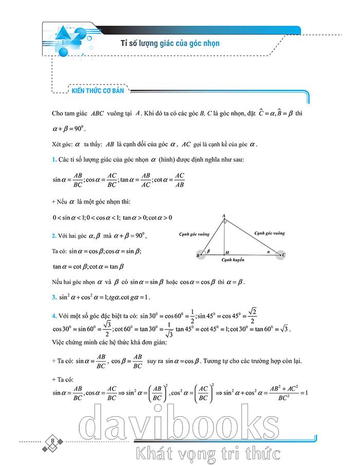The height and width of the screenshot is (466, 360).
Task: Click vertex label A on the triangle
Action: click(224, 216)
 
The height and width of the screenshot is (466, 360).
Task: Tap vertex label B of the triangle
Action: click(198, 255)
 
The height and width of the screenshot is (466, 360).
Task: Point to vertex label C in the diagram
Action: click(284, 255)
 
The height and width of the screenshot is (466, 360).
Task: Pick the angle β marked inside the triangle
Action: click(208, 251)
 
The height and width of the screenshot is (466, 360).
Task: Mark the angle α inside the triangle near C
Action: click(267, 253)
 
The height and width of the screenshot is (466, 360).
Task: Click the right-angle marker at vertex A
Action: click(225, 222)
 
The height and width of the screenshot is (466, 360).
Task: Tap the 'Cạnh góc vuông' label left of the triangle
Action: click(194, 234)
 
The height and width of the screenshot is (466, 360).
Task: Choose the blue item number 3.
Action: click(54, 297)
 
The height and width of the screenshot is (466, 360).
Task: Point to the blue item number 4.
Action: click(54, 315)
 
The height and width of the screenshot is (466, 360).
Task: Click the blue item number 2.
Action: click(54, 236)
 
